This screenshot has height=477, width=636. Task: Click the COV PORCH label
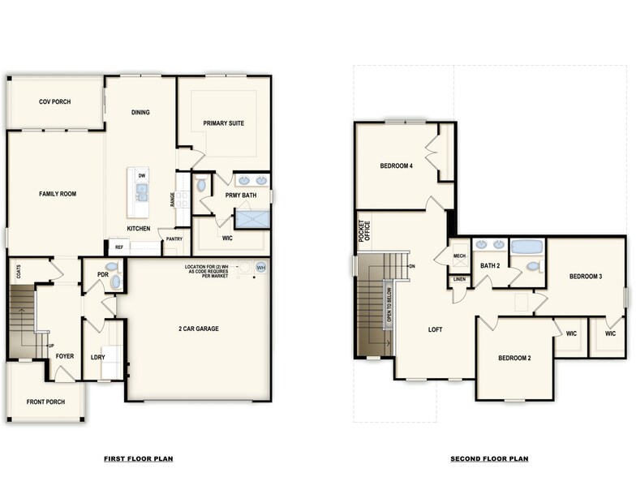coord(55,102)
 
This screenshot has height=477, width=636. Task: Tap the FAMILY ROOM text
coord(57,194)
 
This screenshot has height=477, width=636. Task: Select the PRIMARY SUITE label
coord(224,123)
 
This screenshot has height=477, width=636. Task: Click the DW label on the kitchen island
coord(141,175)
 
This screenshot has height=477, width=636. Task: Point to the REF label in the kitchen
coord(118,247)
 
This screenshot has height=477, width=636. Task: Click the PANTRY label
coord(174,239)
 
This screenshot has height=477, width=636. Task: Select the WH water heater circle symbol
coord(260,268)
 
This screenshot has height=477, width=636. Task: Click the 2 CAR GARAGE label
coord(199,329)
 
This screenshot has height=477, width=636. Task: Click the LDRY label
coord(97,357)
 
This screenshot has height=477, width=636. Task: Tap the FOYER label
coord(64,356)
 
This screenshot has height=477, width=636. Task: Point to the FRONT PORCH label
coord(45,401)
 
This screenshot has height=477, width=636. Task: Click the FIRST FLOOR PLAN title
coord(138,459)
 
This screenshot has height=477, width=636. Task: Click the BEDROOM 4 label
coord(397,166)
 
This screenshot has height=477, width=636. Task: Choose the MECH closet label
coord(459,256)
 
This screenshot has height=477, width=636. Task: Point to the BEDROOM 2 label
coord(514,358)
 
